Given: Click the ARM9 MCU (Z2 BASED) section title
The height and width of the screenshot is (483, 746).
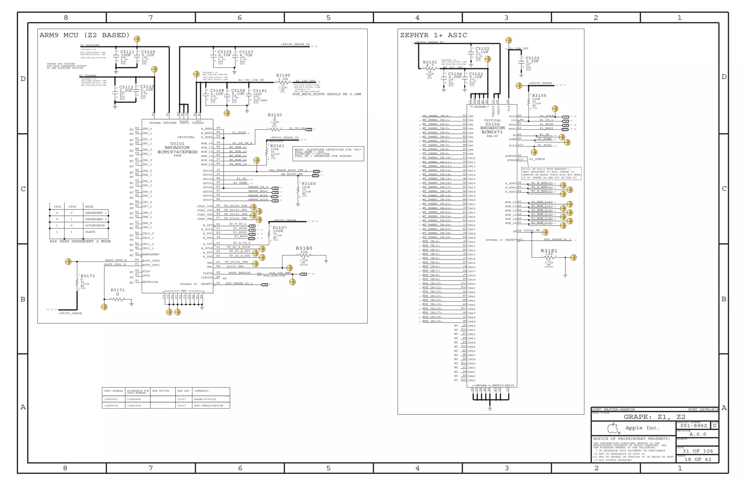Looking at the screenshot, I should [85, 35].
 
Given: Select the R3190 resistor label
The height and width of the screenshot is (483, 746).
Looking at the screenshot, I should [283, 75].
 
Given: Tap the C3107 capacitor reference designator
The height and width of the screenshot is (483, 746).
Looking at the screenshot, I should [246, 52].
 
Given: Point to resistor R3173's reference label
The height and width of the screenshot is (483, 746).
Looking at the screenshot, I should [88, 276].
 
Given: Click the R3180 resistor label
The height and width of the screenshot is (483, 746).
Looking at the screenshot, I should [304, 248].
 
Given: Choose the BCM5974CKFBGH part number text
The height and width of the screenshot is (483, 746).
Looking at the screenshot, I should [177, 152].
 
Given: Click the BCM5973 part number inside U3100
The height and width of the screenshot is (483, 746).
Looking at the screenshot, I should [492, 132].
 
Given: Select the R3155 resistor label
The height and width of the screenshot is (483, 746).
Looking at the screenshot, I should [539, 96].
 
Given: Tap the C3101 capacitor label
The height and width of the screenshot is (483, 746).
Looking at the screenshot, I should [533, 58].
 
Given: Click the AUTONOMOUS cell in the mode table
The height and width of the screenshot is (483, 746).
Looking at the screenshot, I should [95, 226].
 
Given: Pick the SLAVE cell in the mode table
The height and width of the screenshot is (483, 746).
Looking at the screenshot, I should [90, 232].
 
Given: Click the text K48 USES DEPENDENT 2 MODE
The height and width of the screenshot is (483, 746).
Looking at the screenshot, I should [80, 241].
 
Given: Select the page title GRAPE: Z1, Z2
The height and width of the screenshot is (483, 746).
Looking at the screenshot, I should [655, 417].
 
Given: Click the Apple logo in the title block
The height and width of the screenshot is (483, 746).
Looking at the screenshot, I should [613, 428].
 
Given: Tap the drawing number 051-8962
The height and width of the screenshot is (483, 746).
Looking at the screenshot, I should [694, 426].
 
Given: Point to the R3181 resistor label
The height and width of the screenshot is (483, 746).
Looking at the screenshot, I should [549, 251].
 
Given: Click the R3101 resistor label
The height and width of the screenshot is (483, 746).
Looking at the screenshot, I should [430, 62].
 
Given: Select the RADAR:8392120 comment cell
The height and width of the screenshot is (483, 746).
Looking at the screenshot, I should [205, 399].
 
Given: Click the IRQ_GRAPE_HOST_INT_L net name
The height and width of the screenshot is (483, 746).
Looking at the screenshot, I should [288, 170].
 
